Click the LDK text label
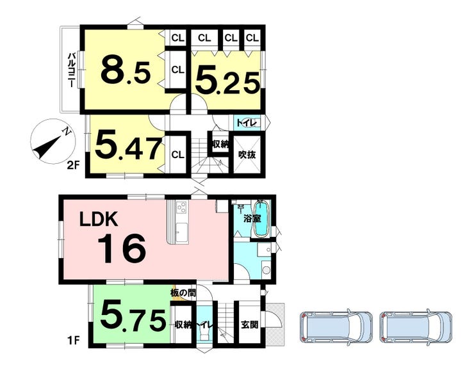[x=99, y=220]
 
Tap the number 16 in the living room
[x=122, y=248]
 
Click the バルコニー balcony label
[x=72, y=70]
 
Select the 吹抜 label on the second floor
[x=247, y=155]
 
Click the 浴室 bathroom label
[x=252, y=218]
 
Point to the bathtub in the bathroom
[x=261, y=219]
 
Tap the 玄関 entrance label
[x=250, y=325]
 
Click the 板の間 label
[x=183, y=293]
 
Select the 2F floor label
[x=73, y=165]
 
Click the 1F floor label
[x=73, y=341]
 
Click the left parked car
[x=336, y=327]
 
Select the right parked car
[x=416, y=327]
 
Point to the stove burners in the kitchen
[x=182, y=207]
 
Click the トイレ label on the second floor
[x=247, y=123]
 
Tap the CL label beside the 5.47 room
[x=178, y=155]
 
